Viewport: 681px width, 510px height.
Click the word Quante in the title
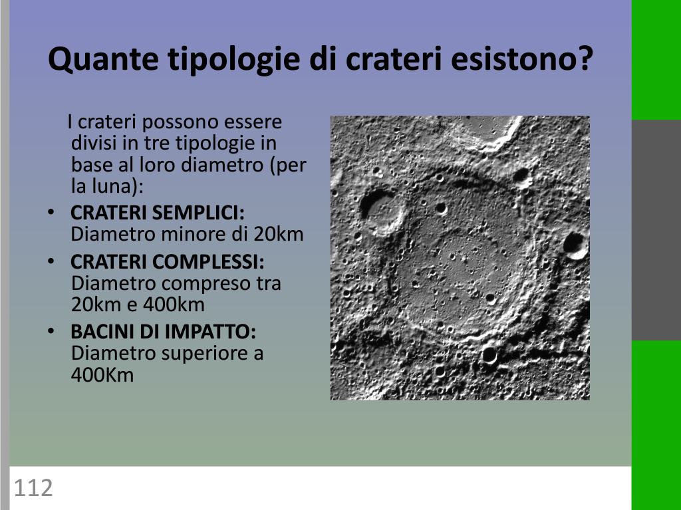tap(103, 59)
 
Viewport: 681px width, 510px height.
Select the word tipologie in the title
tap(234, 61)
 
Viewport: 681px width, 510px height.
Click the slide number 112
tap(33, 487)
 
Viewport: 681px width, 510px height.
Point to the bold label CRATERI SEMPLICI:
tap(157, 213)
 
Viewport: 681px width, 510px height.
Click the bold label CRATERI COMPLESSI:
tap(167, 261)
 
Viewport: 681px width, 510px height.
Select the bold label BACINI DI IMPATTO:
tap(164, 332)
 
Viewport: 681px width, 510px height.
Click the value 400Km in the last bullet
tap(102, 375)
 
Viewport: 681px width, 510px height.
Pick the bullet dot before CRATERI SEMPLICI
tap(51, 212)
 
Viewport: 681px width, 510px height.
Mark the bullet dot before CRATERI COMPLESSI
tap(51, 261)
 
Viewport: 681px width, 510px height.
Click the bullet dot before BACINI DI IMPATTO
tap(51, 331)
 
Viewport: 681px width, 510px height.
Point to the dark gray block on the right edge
tap(656, 230)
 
